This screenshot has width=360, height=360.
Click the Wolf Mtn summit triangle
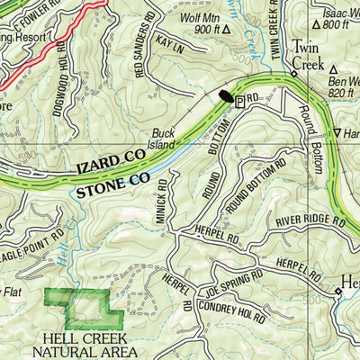226,29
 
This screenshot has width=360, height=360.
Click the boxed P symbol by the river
239,103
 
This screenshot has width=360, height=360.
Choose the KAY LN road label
168,42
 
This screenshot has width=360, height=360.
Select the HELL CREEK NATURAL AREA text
90,346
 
